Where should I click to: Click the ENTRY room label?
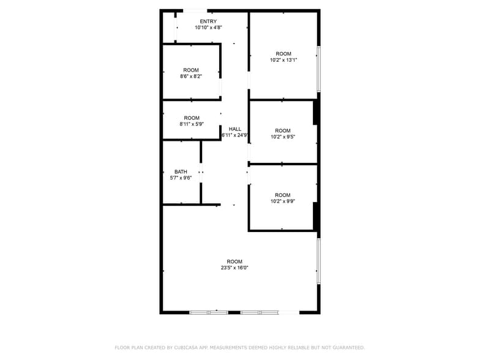click(x=208, y=21)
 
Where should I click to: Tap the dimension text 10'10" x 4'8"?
click(x=208, y=28)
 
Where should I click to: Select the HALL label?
click(x=234, y=129)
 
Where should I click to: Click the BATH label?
click(x=181, y=172)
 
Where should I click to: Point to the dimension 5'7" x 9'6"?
click(x=181, y=178)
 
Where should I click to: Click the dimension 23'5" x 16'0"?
click(x=234, y=268)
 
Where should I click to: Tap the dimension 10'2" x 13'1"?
click(x=283, y=60)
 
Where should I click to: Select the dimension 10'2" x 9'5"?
click(x=283, y=137)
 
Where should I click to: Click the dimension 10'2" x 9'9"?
click(x=283, y=201)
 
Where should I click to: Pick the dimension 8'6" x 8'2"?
click(x=191, y=77)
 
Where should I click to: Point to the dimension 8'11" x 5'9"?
click(x=192, y=124)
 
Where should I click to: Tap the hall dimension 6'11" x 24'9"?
click(x=234, y=135)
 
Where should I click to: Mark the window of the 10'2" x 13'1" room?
click(x=318, y=69)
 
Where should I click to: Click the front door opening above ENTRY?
click(x=195, y=10)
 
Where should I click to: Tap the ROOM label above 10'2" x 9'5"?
click(x=283, y=130)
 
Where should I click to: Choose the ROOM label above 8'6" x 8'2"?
click(x=191, y=70)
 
